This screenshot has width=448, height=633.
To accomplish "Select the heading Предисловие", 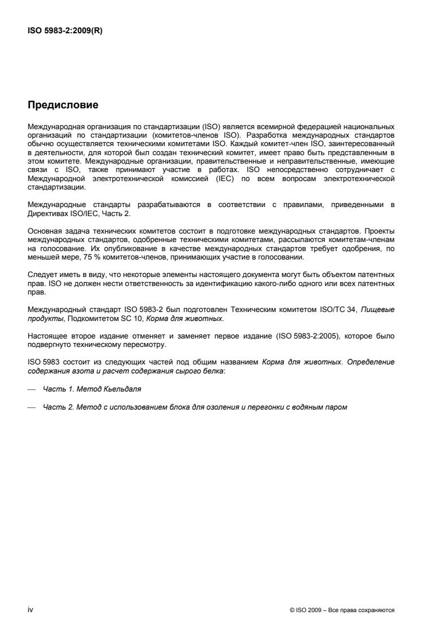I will pos(63,105).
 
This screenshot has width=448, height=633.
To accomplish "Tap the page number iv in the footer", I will pos(31,610).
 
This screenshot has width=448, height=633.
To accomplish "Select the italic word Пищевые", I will pos(377,309).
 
